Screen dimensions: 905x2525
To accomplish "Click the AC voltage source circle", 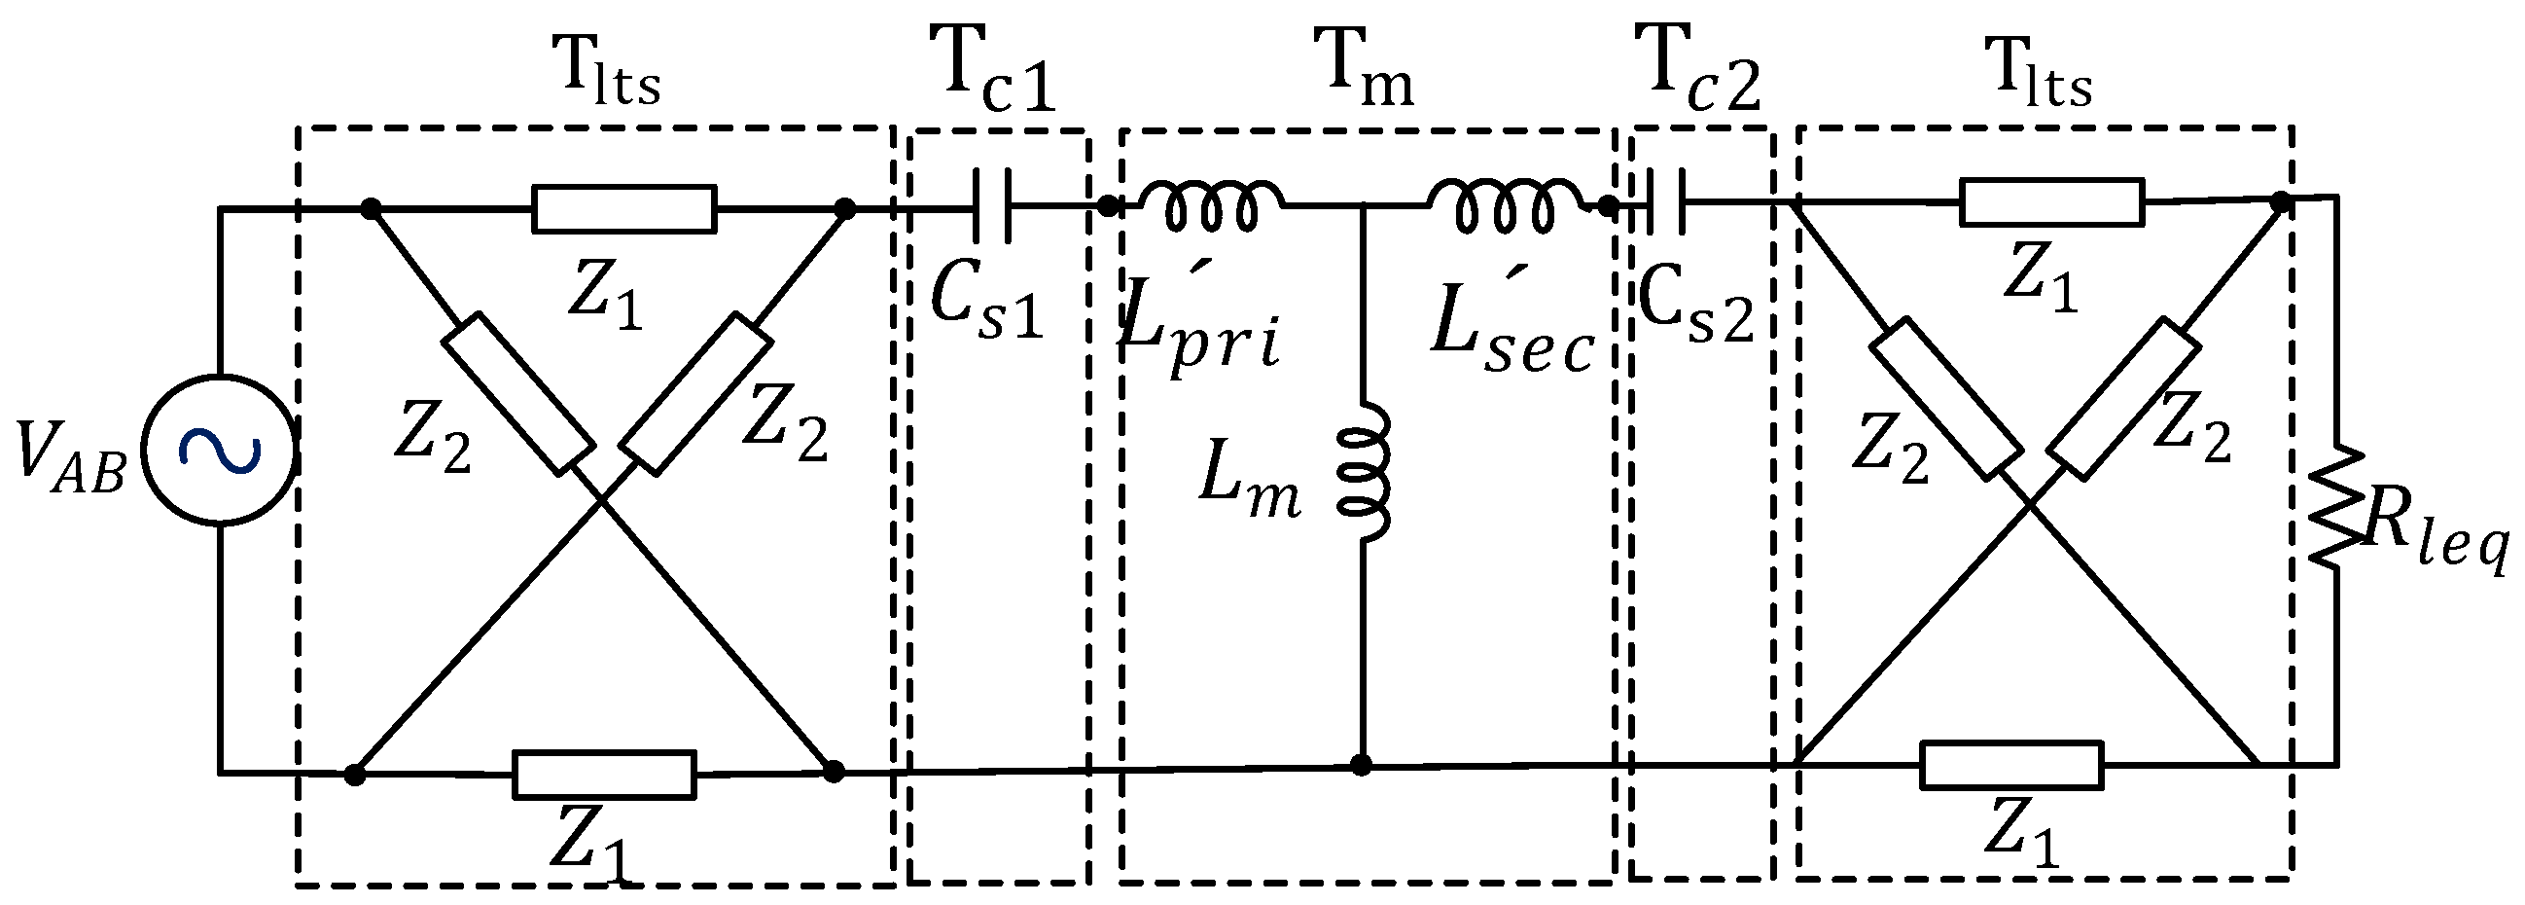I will tap(218, 451).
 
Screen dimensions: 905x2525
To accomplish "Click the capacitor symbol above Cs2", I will tap(1666, 203).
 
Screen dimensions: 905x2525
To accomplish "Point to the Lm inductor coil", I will tap(1365, 473).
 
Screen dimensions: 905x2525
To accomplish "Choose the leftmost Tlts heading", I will tap(610, 75).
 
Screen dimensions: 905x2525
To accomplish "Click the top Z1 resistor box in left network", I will tap(623, 209).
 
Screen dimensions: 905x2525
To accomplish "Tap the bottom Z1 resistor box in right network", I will tap(2011, 765).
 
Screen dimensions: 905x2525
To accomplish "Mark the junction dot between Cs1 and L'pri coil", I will tap(1107, 206).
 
